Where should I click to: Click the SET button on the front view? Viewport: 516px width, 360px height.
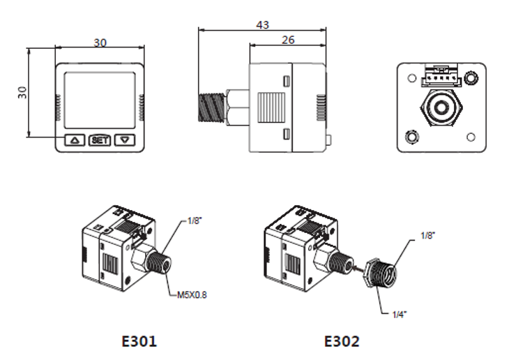pos(100,140)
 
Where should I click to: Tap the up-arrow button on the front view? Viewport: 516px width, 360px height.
pos(75,140)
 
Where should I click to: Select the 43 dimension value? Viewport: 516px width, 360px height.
pos(262,25)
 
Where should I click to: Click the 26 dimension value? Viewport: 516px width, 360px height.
pos(287,40)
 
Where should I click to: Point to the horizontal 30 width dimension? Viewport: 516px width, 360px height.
pos(100,43)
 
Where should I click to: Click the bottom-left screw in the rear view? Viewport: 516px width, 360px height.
pos(411,135)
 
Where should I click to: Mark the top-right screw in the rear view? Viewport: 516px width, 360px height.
pos(473,76)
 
